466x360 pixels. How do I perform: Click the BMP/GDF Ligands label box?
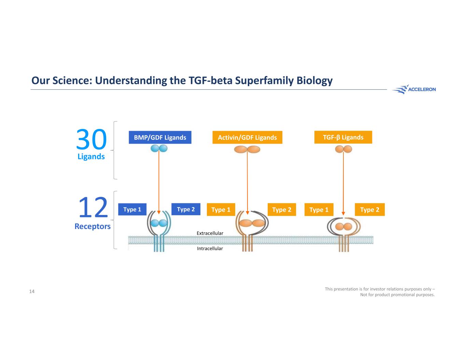click(x=160, y=138)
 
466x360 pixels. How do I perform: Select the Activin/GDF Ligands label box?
click(x=247, y=138)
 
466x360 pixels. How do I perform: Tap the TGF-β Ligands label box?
click(x=343, y=137)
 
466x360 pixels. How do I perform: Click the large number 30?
click(x=91, y=140)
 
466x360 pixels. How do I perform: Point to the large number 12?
click(x=93, y=208)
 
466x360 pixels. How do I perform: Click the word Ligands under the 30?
click(x=91, y=157)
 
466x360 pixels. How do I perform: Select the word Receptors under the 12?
click(x=93, y=226)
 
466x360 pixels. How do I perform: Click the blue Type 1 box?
click(x=132, y=210)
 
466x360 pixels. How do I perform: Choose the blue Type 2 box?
click(x=186, y=209)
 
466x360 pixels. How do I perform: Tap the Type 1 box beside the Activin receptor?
click(x=221, y=210)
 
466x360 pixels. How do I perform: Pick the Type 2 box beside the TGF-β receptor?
click(x=370, y=210)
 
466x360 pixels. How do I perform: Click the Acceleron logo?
click(x=414, y=89)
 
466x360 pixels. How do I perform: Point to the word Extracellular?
click(x=210, y=233)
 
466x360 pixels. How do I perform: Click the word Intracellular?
click(x=210, y=249)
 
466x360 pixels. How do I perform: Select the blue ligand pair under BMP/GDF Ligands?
click(x=159, y=148)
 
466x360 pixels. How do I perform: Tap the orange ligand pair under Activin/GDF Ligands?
click(x=247, y=149)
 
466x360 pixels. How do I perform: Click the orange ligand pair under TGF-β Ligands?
click(x=343, y=149)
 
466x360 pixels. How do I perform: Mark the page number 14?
click(x=32, y=291)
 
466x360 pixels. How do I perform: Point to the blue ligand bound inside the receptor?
click(x=158, y=223)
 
